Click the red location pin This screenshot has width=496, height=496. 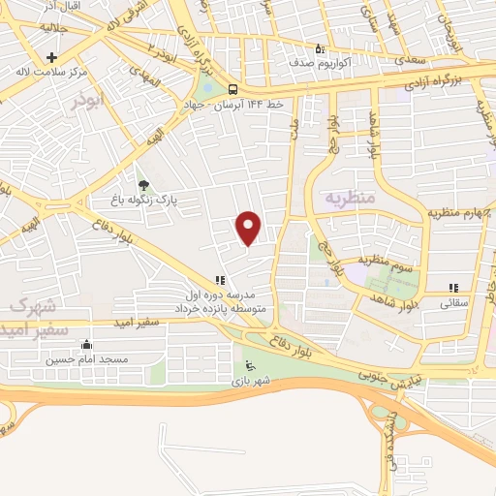pyautogui.click(x=249, y=228)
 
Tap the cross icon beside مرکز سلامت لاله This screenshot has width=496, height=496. pyautogui.click(x=51, y=57)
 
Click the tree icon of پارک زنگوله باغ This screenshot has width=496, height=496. pyautogui.click(x=143, y=184)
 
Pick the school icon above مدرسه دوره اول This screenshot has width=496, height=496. pyautogui.click(x=219, y=280)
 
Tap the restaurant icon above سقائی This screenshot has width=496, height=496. pyautogui.click(x=452, y=287)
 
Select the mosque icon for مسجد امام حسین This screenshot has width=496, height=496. pyautogui.click(x=87, y=344)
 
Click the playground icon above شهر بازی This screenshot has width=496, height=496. pyautogui.click(x=251, y=367)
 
